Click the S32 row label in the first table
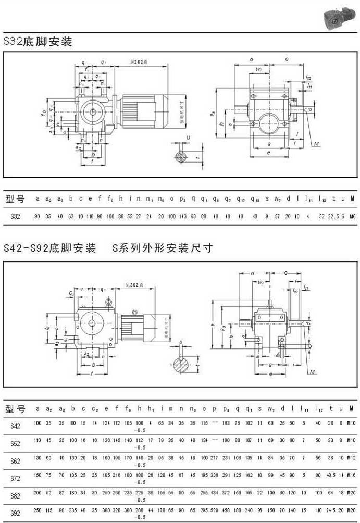click(15, 216)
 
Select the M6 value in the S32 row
click(352, 216)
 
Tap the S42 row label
click(15, 426)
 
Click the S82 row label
click(15, 495)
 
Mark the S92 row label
click(15, 513)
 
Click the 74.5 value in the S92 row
click(330, 510)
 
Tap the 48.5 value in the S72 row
click(330, 476)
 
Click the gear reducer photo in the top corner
click(339, 18)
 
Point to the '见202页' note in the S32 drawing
click(139, 62)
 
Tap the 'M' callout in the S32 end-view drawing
click(317, 143)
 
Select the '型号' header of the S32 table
click(15, 199)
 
